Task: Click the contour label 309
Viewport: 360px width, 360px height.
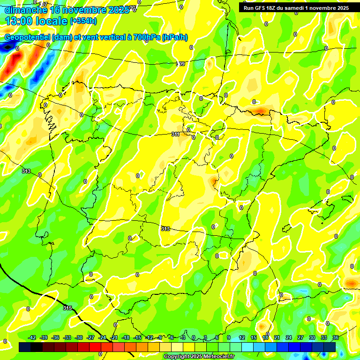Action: (180, 64)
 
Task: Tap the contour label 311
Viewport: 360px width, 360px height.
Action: (175, 134)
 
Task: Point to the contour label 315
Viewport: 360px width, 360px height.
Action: (67, 308)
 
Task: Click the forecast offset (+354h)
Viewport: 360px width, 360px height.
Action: (83, 21)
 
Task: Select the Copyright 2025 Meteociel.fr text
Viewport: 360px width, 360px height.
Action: (198, 356)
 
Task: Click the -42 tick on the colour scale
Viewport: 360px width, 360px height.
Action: (32, 338)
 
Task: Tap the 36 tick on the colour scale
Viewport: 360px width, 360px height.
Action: (336, 338)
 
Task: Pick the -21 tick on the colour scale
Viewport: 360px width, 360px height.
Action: (114, 338)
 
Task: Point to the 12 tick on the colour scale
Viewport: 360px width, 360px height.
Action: (242, 338)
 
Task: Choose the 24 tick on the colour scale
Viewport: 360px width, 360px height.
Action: (288, 338)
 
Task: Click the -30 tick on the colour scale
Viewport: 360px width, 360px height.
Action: (79, 338)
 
